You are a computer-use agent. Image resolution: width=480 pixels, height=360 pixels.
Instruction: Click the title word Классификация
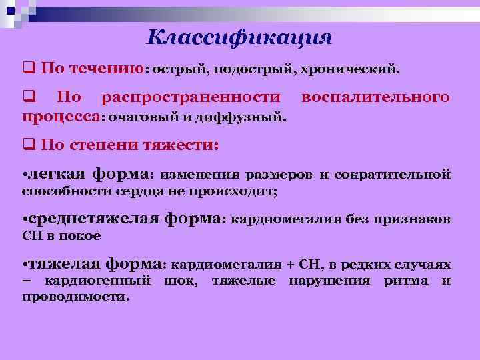pyautogui.click(x=239, y=36)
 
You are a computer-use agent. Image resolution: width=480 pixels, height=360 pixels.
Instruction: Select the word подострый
pyautogui.click(x=253, y=69)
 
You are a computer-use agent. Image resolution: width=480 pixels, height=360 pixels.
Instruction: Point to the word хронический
pyautogui.click(x=350, y=69)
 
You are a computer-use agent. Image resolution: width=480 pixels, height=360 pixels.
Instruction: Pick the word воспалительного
pyautogui.click(x=375, y=98)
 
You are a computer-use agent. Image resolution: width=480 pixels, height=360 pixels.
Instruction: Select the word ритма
pyautogui.click(x=406, y=280)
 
